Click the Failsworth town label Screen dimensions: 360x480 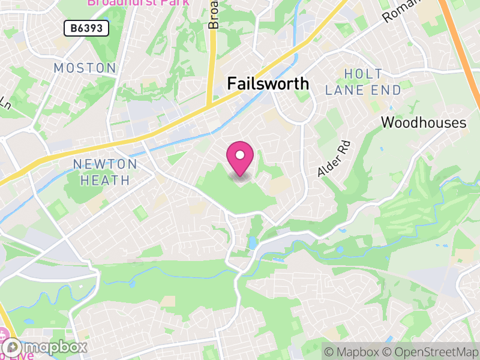[x=268, y=83]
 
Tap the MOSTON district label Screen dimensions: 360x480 [x=85, y=68]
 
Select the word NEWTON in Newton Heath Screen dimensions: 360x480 [x=105, y=164]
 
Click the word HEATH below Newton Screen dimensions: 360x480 [x=101, y=180]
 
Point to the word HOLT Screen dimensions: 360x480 [x=363, y=74]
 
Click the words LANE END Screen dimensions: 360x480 [x=363, y=91]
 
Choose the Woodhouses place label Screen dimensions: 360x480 [x=424, y=123]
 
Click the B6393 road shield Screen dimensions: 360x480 [x=86, y=28]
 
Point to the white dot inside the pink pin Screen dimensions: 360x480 [x=240, y=155]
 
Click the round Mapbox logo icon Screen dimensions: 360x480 [x=13, y=347]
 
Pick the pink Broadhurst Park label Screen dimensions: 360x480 [x=138, y=2]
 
